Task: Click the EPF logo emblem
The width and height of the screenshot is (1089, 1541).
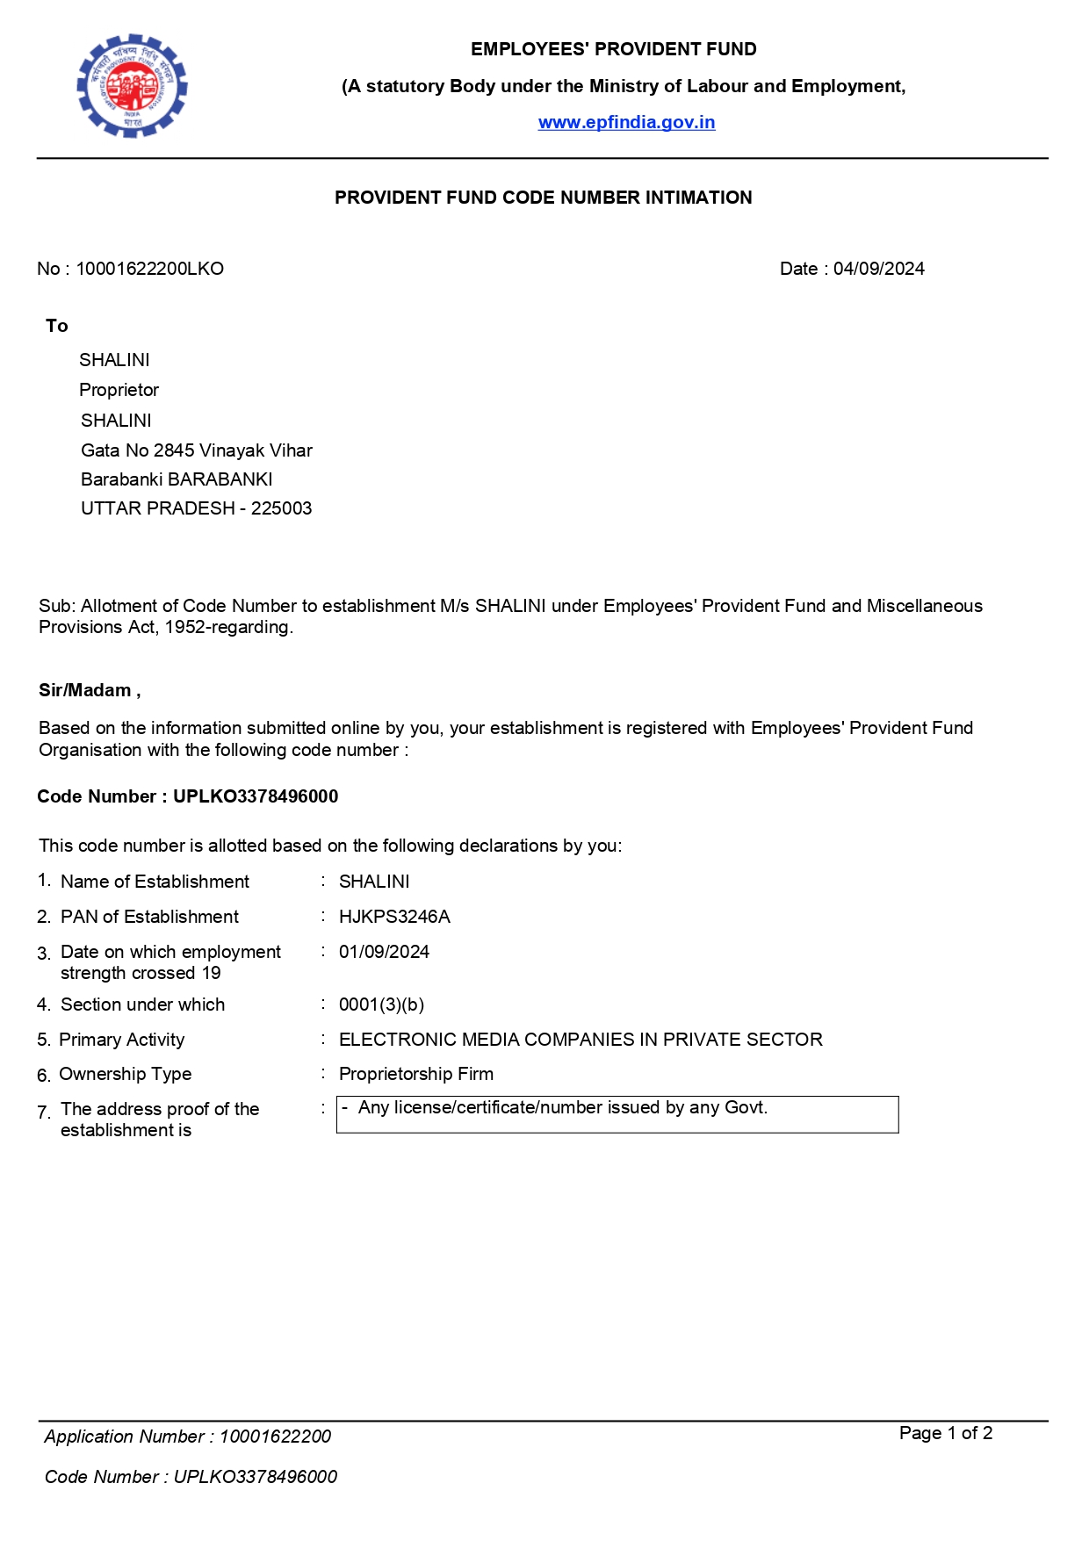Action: tap(132, 86)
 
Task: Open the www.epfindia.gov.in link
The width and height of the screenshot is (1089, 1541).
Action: tap(626, 122)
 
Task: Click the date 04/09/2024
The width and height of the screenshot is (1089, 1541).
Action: tap(878, 269)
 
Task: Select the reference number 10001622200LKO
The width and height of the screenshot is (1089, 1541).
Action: tap(149, 269)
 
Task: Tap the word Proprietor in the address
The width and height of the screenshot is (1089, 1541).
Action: tap(119, 390)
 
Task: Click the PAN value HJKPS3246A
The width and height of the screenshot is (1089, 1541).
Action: tap(394, 917)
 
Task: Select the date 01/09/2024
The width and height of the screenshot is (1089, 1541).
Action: tap(384, 952)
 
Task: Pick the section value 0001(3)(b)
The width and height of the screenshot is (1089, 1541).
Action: tap(381, 1005)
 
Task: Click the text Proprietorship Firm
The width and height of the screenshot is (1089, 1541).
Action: tap(415, 1074)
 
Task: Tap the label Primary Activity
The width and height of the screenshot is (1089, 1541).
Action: tap(121, 1040)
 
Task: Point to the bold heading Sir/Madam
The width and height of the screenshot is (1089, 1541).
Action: tap(85, 690)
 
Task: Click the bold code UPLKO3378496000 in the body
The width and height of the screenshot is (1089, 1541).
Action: tap(255, 796)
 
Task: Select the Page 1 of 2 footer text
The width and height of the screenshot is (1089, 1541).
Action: tap(945, 1433)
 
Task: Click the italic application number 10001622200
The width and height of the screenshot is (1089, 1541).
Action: tap(275, 1437)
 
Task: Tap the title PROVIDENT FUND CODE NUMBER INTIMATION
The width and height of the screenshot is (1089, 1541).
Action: tap(543, 198)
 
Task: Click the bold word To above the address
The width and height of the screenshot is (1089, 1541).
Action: tap(56, 326)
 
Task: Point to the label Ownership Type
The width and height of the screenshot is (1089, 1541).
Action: tap(125, 1074)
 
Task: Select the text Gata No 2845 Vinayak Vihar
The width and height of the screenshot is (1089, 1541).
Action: tap(196, 450)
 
